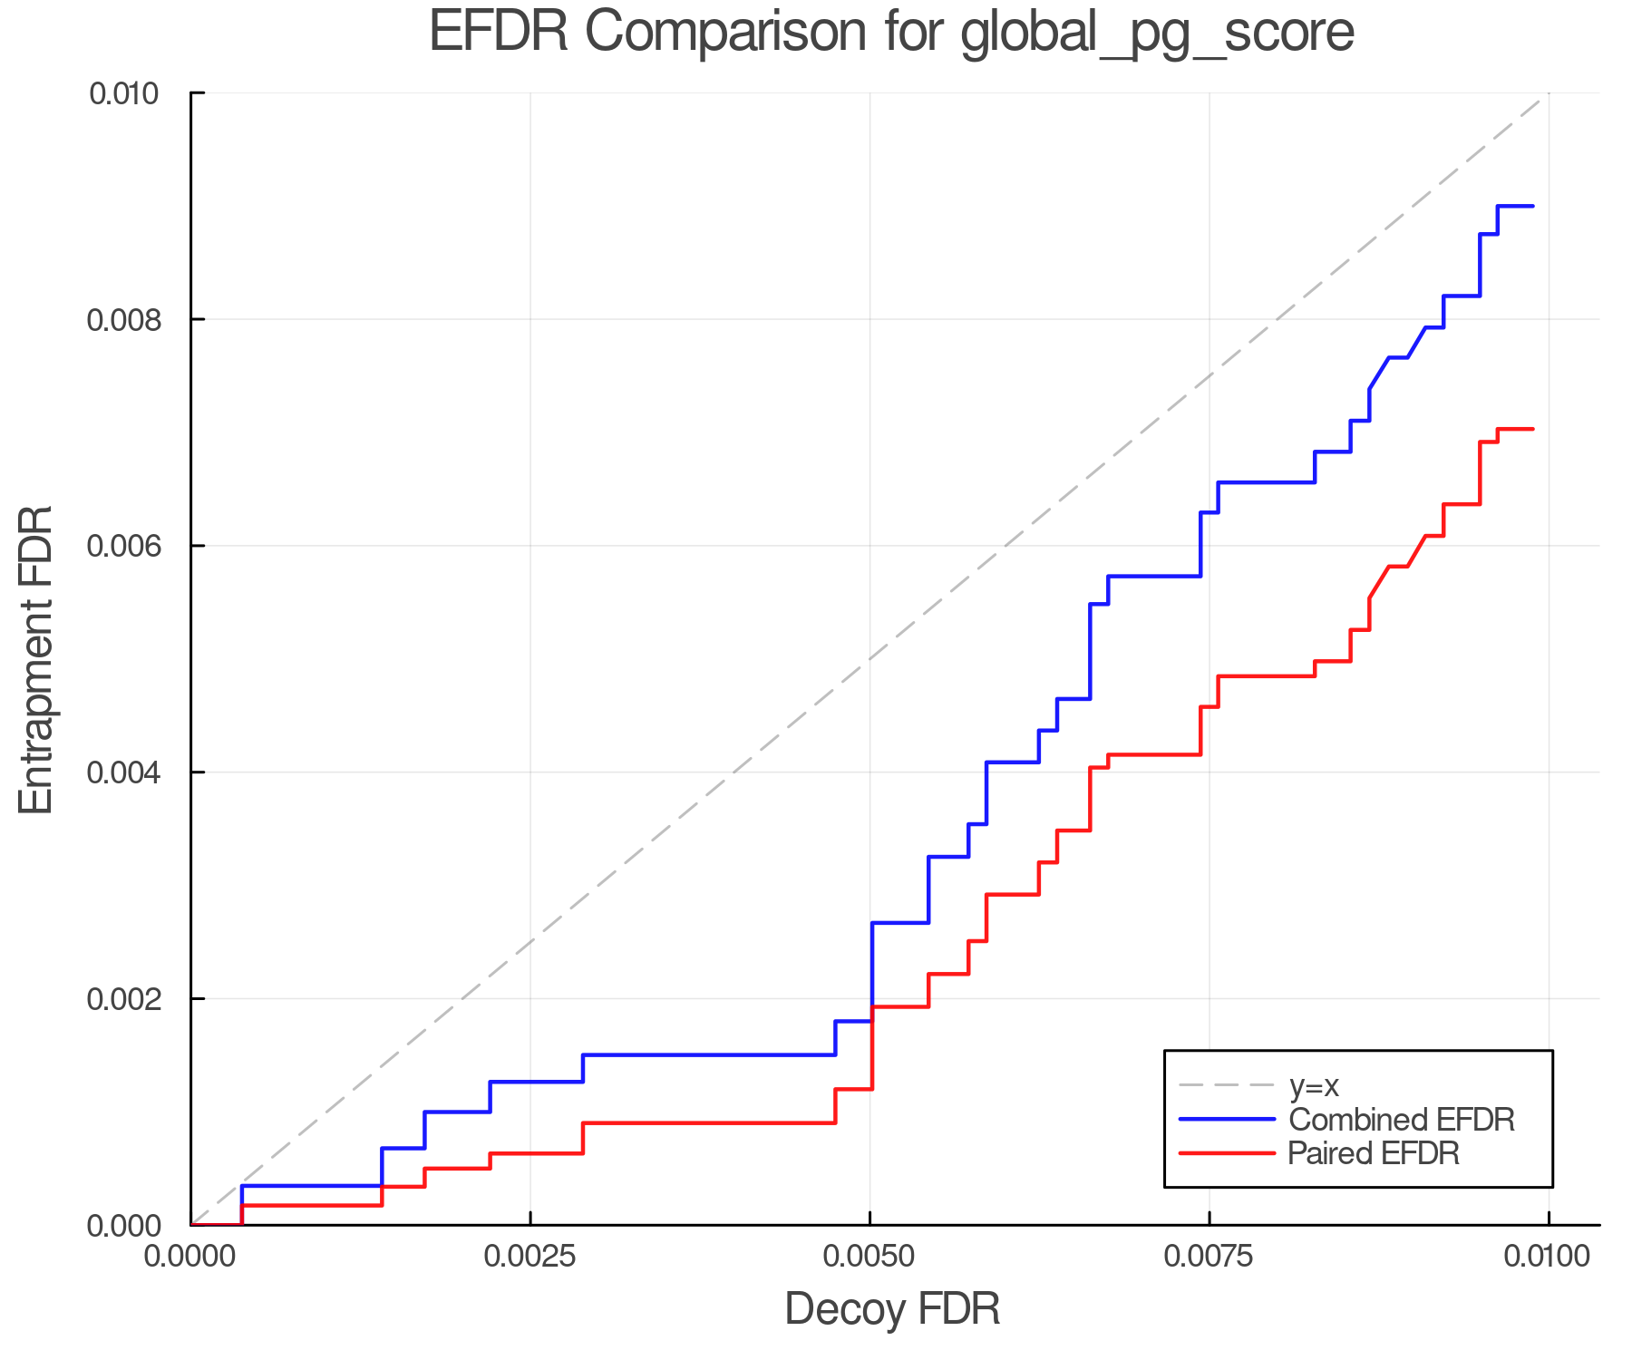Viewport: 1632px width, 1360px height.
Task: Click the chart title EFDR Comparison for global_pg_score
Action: coord(891,33)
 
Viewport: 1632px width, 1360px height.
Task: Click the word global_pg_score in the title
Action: coord(1156,33)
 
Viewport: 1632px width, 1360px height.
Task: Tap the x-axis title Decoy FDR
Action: coord(892,1309)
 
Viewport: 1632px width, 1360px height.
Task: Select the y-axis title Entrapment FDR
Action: coord(36,660)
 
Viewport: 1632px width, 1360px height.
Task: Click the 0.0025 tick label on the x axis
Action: coord(529,1257)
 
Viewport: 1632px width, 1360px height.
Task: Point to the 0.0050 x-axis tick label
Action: coord(869,1257)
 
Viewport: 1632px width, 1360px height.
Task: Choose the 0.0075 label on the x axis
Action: coord(1209,1257)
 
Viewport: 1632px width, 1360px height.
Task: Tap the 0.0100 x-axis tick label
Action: coord(1548,1257)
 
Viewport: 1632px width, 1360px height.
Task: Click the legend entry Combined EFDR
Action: coord(1401,1120)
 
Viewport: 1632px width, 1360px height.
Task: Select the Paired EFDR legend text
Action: coord(1374,1153)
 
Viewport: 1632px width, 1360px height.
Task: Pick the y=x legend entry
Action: coord(1314,1086)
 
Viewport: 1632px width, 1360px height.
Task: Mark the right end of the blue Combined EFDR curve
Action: coord(1533,207)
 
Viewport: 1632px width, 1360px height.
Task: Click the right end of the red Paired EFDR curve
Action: coord(1533,429)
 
